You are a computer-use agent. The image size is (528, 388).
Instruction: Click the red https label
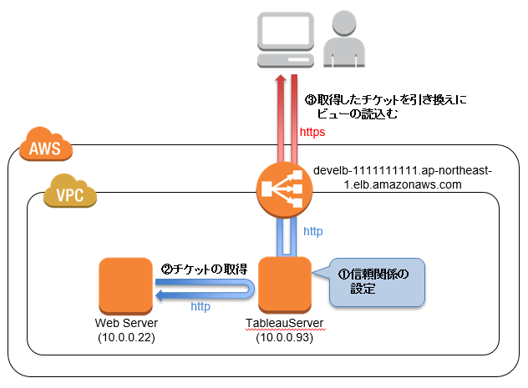pyautogui.click(x=312, y=132)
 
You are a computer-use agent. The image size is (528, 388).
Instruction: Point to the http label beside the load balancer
pyautogui.click(x=312, y=231)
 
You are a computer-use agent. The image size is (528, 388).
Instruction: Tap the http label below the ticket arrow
pyautogui.click(x=201, y=306)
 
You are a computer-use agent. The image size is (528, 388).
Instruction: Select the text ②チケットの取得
pyautogui.click(x=204, y=269)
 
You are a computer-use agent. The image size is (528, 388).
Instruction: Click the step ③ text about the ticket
pyautogui.click(x=385, y=107)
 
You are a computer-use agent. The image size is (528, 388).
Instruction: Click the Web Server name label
pyautogui.click(x=125, y=323)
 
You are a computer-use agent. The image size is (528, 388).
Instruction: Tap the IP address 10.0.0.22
pyautogui.click(x=125, y=336)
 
